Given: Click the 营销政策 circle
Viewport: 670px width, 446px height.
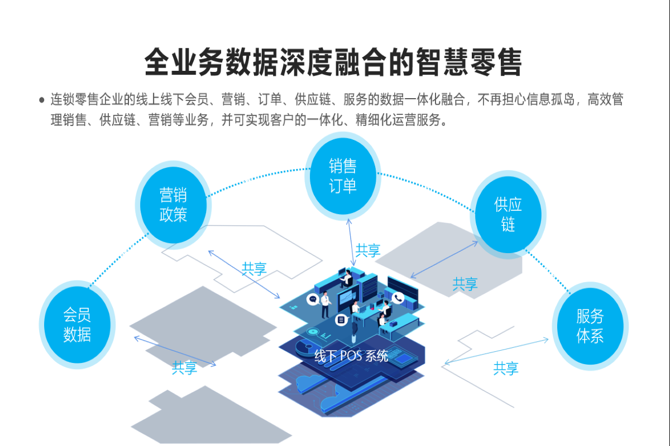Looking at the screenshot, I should click(x=173, y=205).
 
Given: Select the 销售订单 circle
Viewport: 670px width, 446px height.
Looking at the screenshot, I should click(x=343, y=176).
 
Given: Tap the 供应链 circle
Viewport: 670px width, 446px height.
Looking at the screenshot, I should click(x=508, y=215).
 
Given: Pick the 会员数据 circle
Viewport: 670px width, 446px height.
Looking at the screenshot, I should click(x=76, y=325).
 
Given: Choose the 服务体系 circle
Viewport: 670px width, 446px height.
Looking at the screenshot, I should click(x=590, y=326).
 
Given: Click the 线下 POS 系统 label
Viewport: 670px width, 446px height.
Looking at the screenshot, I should click(x=351, y=355).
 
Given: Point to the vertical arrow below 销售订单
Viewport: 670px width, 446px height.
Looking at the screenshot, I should click(x=351, y=242).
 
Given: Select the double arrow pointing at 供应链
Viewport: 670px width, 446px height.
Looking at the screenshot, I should click(x=444, y=259).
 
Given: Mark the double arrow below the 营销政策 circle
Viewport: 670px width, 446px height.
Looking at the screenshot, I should click(x=243, y=274).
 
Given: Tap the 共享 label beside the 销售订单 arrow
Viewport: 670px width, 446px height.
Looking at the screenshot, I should click(x=368, y=251).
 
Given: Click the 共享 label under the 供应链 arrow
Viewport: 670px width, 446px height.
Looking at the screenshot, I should click(x=465, y=284).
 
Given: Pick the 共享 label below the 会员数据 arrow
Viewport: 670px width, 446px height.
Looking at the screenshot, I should click(x=184, y=367).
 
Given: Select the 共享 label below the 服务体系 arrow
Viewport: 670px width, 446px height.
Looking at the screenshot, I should click(x=506, y=368).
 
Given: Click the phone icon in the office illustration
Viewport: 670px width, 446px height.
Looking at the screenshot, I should click(x=398, y=298).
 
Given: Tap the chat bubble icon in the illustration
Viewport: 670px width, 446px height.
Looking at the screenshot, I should click(x=312, y=299).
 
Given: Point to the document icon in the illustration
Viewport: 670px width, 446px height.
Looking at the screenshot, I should click(x=340, y=319).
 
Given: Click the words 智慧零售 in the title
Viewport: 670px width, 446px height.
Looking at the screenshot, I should click(x=468, y=62).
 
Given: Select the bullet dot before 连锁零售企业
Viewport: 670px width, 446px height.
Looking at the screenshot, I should click(x=41, y=100).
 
